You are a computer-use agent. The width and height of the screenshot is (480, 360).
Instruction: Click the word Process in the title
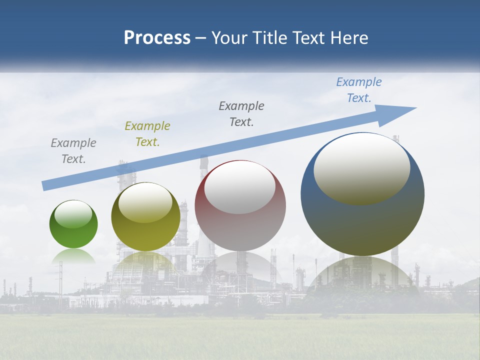pyautogui.click(x=157, y=38)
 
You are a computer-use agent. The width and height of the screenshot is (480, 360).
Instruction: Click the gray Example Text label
pyautogui.click(x=73, y=151)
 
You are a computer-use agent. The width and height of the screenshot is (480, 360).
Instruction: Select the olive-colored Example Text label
pyautogui.click(x=147, y=134)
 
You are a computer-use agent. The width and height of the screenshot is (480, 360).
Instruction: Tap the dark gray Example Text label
pyautogui.click(x=241, y=113)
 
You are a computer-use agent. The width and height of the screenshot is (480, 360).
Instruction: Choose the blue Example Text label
pyautogui.click(x=358, y=90)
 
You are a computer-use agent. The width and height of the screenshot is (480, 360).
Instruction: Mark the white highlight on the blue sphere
pyautogui.click(x=361, y=169)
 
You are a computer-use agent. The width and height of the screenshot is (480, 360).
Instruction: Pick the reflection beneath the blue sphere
pyautogui.click(x=362, y=272)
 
